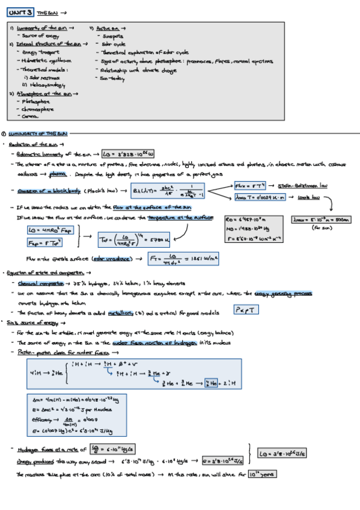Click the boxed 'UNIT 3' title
(x=20, y=12)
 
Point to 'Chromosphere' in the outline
(x=38, y=109)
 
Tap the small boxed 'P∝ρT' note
(x=246, y=310)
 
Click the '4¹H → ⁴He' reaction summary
(x=44, y=373)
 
